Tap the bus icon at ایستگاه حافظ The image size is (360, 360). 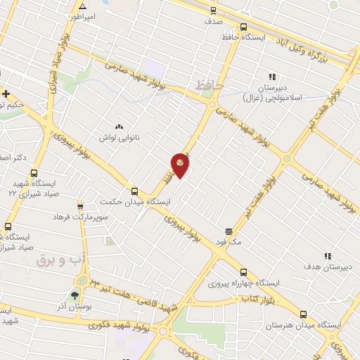(x=243, y=28)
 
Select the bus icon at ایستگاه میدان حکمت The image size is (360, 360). (x=134, y=191)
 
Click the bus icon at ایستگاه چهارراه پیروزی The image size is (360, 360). (x=243, y=272)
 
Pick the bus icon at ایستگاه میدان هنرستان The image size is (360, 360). (x=303, y=315)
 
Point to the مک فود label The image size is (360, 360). (x=229, y=242)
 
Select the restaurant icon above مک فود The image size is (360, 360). (x=229, y=231)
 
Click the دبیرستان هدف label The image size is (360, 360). (x=328, y=267)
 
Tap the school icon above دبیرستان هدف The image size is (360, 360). (x=328, y=257)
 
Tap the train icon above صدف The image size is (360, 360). (x=213, y=11)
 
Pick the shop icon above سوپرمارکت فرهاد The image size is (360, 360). (x=80, y=207)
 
